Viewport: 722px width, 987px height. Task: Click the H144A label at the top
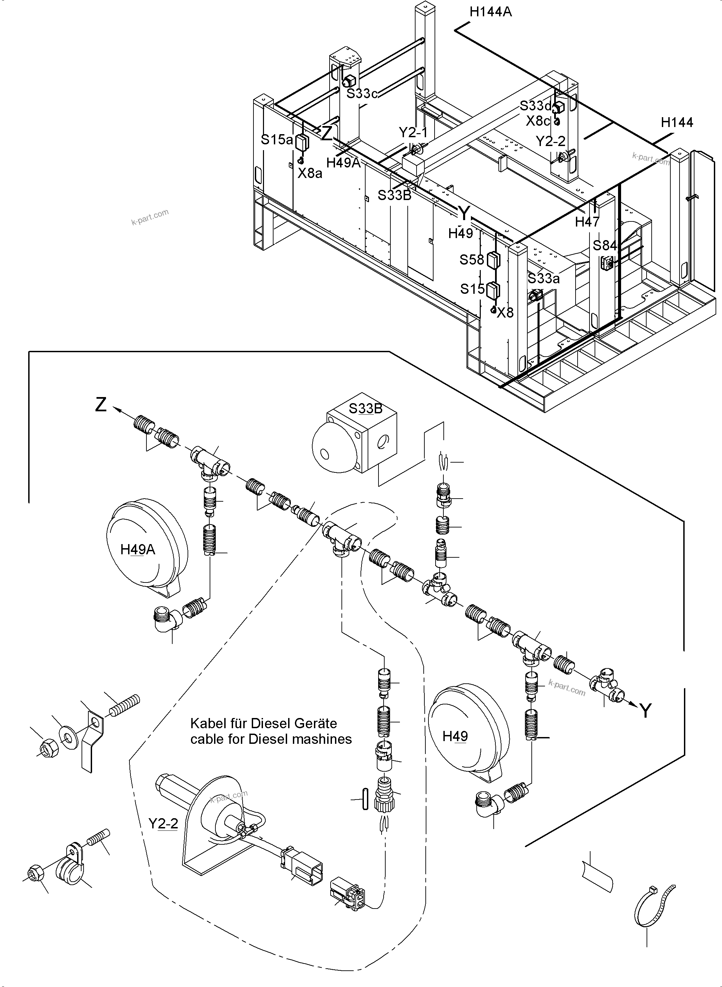[x=490, y=12]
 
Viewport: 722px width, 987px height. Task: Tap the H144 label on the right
[x=676, y=122]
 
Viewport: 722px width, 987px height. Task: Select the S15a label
[x=277, y=140]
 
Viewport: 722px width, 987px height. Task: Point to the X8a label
[x=310, y=174]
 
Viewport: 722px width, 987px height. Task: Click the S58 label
[x=472, y=260]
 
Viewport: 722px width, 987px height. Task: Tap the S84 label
[x=604, y=246]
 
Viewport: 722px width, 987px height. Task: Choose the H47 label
[x=587, y=222]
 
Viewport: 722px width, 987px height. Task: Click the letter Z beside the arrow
[x=101, y=405]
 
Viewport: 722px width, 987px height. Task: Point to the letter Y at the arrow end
[x=646, y=711]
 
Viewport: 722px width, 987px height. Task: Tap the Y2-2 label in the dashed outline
[x=163, y=824]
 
